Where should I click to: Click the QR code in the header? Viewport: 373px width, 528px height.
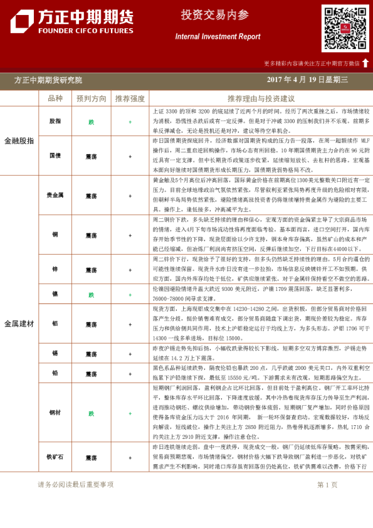coord(345,28)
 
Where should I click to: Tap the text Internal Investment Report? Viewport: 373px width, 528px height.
coord(218,37)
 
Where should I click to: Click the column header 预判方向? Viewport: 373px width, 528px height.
coord(92,98)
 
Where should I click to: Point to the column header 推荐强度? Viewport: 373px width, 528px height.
coord(130,98)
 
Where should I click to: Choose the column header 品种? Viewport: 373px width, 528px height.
coord(55,98)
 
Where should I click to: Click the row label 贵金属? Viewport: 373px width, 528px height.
coord(55,196)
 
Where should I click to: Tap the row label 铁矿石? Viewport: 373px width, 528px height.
coord(55,458)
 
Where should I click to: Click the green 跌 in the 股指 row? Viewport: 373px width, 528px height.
coord(92,122)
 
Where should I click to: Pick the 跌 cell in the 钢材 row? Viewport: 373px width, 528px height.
coord(92,413)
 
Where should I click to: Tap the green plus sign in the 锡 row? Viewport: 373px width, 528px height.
coord(130,354)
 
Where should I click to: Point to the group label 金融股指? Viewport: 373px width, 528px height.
coord(19,141)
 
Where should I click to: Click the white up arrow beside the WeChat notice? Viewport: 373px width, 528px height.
coord(365,63)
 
